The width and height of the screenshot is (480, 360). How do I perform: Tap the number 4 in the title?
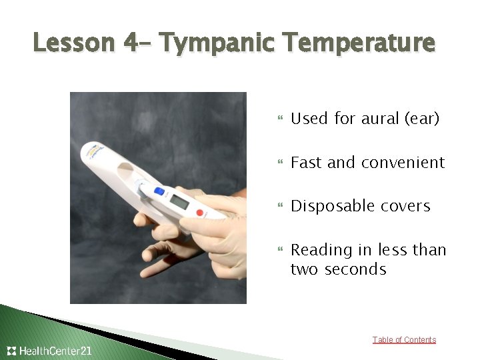click(131, 43)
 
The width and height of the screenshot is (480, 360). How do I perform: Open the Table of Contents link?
click(404, 340)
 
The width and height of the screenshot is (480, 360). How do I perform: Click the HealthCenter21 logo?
click(49, 351)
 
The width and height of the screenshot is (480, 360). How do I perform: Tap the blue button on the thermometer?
click(159, 191)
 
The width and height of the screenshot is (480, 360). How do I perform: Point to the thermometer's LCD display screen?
click(179, 201)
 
